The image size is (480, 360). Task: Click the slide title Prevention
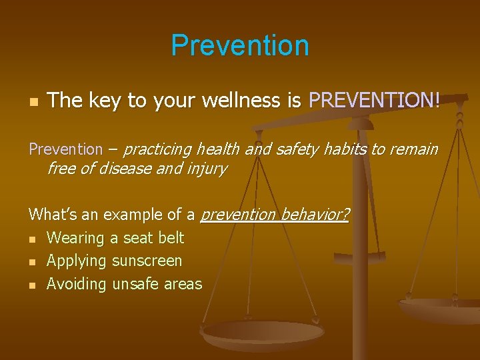[240, 45]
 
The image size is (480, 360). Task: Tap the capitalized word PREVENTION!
[375, 101]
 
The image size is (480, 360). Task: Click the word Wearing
[76, 238]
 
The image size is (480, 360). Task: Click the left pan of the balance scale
[262, 333]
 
